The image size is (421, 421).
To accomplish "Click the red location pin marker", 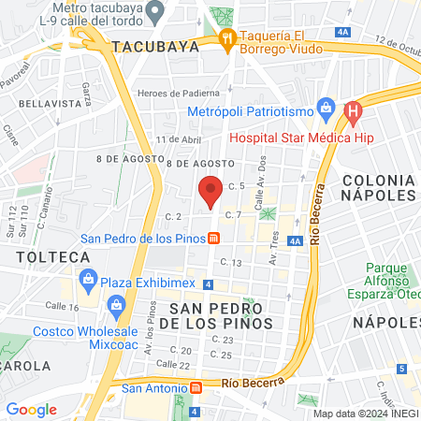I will pos(210,190).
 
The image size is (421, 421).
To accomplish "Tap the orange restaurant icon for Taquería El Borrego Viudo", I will pos(225,37).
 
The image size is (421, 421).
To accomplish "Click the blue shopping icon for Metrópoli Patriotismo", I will pos(325,107).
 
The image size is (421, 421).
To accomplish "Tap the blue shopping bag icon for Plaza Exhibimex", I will pos(88,278).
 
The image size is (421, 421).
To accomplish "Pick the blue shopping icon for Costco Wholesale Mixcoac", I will pos(117,304).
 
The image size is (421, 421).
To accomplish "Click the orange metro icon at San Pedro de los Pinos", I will pos(213,238).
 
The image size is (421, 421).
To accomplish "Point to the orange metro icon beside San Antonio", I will pos(196,386).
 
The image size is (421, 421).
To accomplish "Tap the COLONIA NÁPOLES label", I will pos(378,186).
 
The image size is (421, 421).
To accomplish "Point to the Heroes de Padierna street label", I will pos(178,93).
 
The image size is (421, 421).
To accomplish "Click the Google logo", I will pos(31,409).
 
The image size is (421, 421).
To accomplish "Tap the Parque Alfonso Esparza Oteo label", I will pos(390,282).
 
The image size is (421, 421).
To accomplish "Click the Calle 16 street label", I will pos(61,306).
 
